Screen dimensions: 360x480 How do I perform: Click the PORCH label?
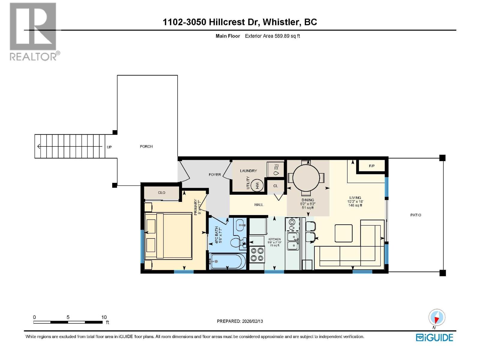click(146, 146)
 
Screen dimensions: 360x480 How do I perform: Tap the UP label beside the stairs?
click(109, 147)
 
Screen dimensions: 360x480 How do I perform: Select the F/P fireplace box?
click(371, 166)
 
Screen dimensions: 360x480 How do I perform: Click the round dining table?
click(306, 178)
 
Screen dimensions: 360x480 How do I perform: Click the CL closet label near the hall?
click(275, 186)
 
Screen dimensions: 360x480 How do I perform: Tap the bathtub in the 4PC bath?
click(227, 261)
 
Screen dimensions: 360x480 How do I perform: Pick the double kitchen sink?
click(292, 241)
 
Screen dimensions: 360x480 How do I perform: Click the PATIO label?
click(415, 215)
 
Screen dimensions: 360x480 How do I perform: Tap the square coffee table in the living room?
click(343, 233)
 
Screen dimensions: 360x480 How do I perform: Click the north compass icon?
click(437, 317)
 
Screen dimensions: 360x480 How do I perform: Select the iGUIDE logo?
click(434, 337)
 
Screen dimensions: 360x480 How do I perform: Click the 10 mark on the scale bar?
click(104, 317)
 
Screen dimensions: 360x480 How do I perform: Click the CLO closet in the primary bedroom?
click(161, 193)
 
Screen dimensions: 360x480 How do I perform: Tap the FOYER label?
click(215, 175)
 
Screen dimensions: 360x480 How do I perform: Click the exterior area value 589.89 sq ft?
click(287, 36)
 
